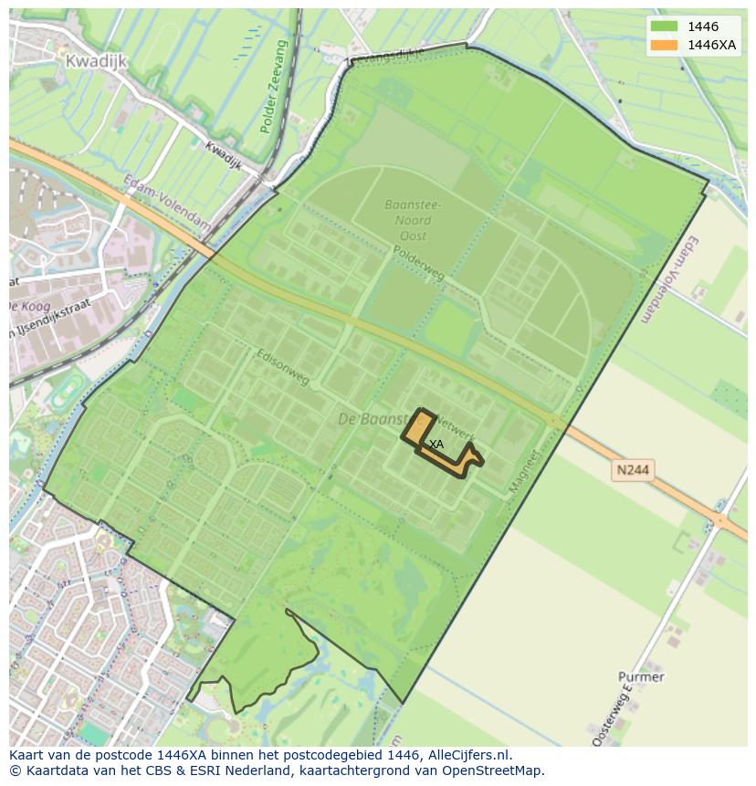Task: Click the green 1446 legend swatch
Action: [665, 26]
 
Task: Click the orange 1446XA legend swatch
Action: [665, 45]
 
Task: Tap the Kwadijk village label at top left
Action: [96, 60]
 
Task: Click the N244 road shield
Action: [634, 469]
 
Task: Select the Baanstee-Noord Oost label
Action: [412, 220]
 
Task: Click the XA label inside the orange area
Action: [436, 444]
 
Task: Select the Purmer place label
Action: [641, 676]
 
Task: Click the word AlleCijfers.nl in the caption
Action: [470, 755]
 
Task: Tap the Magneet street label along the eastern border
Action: [520, 470]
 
